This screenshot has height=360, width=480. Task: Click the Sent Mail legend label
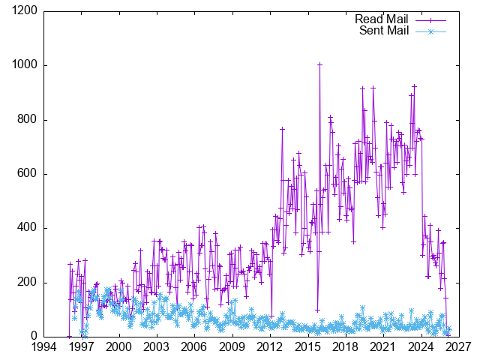click(x=382, y=31)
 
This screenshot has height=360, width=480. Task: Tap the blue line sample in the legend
click(x=430, y=31)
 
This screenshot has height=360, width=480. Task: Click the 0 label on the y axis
click(x=34, y=337)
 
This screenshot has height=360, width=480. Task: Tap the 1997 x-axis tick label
click(x=81, y=348)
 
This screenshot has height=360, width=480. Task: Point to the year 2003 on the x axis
click(x=157, y=348)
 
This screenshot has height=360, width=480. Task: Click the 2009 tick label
click(x=232, y=348)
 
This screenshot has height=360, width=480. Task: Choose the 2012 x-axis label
click(x=270, y=348)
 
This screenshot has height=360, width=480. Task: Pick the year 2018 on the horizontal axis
click(x=346, y=348)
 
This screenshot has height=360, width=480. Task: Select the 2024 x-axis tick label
click(x=421, y=348)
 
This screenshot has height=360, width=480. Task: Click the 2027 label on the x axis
click(x=459, y=348)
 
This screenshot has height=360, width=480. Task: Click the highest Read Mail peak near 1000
click(x=320, y=64)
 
